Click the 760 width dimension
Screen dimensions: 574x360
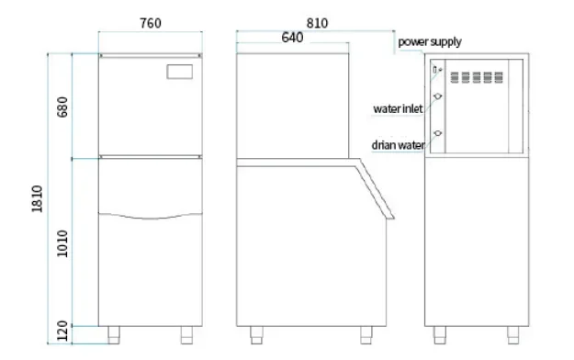tap(151, 24)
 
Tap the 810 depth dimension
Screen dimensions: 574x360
tap(317, 24)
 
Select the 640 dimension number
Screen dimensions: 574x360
tap(292, 38)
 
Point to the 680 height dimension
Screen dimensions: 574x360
tap(62, 107)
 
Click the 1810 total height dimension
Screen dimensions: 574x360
tap(37, 199)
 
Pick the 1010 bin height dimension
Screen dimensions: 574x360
tap(62, 243)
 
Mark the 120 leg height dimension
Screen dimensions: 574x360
tap(62, 331)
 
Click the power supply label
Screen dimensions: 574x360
tap(430, 42)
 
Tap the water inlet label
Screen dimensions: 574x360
tap(398, 108)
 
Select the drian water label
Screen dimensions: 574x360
tap(399, 145)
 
